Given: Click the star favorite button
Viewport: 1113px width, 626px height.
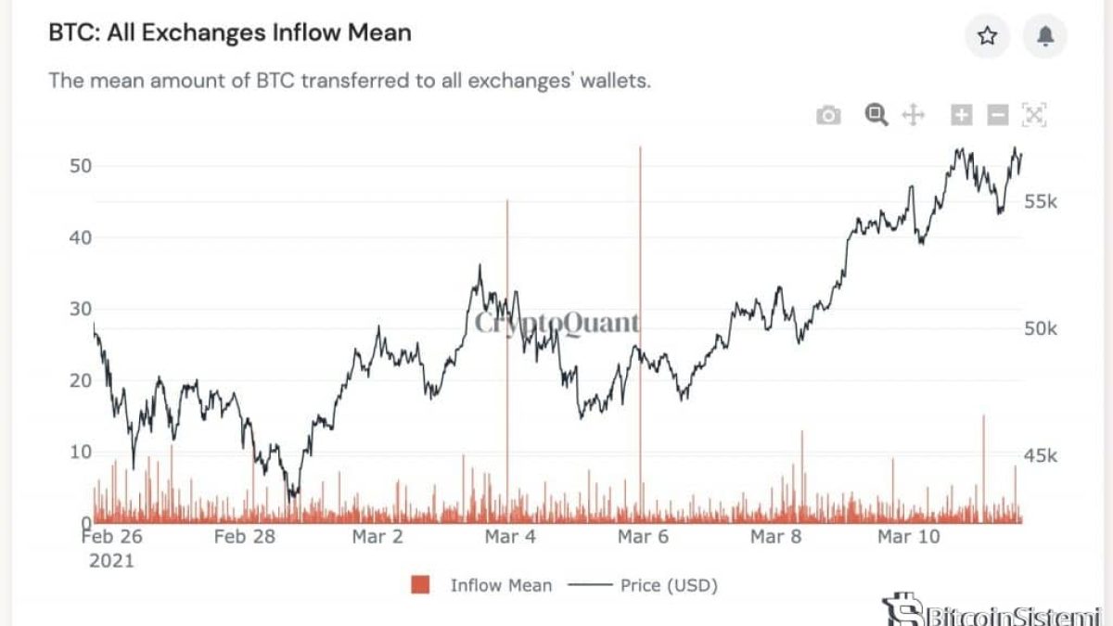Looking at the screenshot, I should [988, 36].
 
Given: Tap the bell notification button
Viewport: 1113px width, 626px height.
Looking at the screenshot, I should [1045, 36].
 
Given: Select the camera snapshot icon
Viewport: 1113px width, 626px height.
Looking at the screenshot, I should [828, 115].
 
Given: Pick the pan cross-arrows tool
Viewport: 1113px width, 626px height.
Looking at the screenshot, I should [914, 115].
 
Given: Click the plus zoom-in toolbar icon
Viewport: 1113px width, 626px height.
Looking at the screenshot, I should [962, 115].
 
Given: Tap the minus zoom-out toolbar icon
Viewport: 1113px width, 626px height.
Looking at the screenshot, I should [998, 115].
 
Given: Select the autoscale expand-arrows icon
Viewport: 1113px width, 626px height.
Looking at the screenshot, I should [1034, 115].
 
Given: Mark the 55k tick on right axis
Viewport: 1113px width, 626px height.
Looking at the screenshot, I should [1040, 202].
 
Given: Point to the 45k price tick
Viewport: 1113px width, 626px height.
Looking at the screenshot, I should [1040, 455].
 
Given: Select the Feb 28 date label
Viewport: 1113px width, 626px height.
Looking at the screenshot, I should [244, 536].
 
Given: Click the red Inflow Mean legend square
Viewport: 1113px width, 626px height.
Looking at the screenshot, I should [420, 585].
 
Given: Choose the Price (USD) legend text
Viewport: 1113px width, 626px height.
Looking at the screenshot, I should [669, 585].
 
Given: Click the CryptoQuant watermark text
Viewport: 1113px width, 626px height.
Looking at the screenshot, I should [556, 323].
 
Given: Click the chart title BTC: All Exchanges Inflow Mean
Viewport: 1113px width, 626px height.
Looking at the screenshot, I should [230, 33].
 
